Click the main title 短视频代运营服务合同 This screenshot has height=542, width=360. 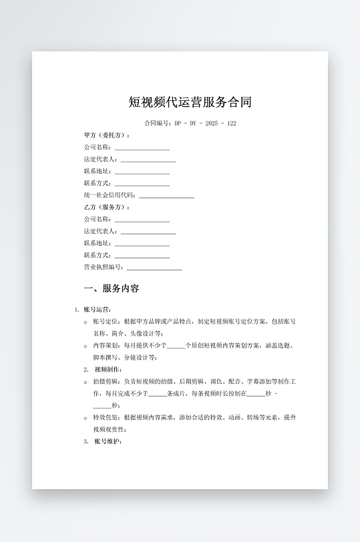(190, 103)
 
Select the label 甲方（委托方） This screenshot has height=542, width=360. (107, 135)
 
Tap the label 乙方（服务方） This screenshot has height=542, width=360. (107, 208)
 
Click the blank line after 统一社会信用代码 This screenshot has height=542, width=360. (166, 196)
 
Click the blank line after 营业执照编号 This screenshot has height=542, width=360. (154, 268)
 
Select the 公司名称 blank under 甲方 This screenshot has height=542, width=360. (142, 148)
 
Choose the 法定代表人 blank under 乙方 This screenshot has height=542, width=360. (148, 232)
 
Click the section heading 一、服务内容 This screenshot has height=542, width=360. (112, 289)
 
